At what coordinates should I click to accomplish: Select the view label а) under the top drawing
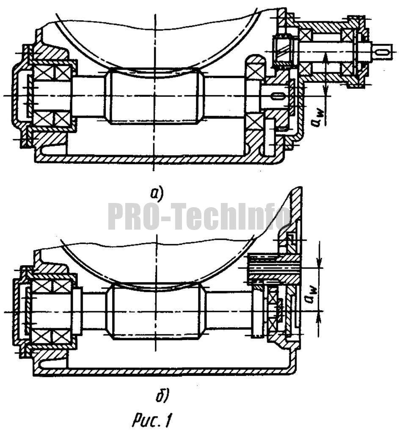(157, 193)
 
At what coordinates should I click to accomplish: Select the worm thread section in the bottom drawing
(157, 312)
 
